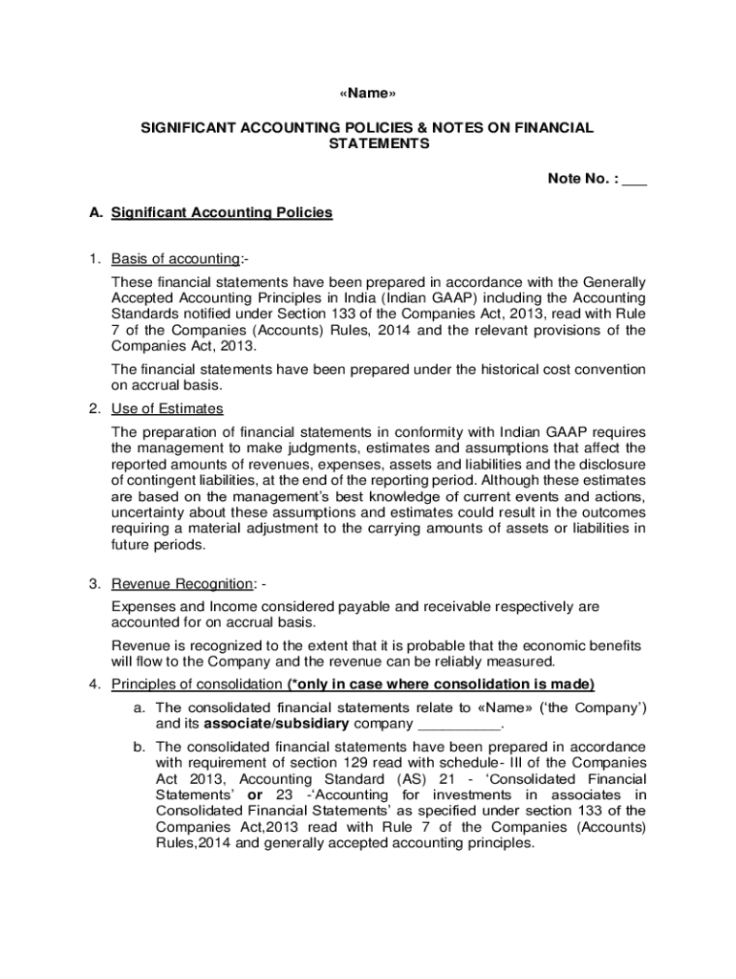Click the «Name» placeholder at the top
coord(368,93)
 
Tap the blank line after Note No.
coord(635,179)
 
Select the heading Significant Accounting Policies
coord(222,212)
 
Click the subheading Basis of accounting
coord(175,259)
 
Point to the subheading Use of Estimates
coord(167,409)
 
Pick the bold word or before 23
coord(255,794)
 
